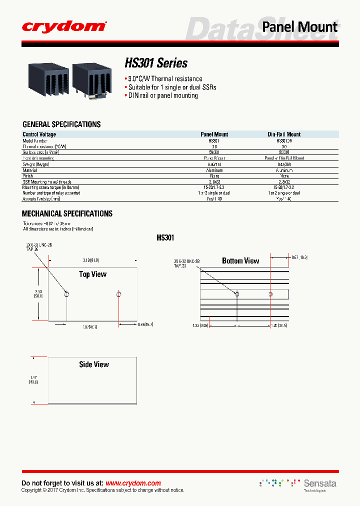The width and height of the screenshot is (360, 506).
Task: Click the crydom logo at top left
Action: pos(64,26)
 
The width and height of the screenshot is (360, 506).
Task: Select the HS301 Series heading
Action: pos(156,63)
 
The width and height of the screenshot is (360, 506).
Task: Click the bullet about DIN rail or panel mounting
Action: pos(163,95)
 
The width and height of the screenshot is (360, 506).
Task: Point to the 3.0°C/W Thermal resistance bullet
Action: pos(165,79)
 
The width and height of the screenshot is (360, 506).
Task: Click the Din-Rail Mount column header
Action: pos(284,134)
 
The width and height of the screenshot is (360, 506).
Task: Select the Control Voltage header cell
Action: pos(39,134)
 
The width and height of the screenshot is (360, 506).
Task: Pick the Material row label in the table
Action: pos(30,170)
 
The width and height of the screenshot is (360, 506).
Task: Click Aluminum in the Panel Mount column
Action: pos(214,170)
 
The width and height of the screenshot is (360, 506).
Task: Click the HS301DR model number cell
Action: pos(284,140)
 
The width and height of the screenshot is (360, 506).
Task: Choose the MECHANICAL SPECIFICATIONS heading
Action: pos(67,213)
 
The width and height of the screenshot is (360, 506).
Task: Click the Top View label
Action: pos(93,274)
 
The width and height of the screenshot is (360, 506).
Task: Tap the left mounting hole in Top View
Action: pos(66,294)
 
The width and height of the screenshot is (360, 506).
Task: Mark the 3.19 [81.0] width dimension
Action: pos(91,260)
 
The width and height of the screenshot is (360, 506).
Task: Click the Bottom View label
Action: pos(240,260)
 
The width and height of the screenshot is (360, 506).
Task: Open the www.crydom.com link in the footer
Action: pos(133,483)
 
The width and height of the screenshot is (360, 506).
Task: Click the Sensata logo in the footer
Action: pos(320,483)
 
